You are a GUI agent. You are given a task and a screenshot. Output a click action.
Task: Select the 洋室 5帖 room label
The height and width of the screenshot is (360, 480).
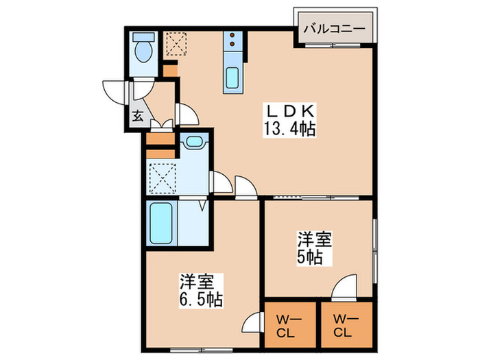315,249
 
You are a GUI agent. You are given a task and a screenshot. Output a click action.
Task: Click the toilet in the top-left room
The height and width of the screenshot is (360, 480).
144,49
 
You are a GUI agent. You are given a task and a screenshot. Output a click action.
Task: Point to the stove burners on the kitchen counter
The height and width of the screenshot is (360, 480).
232,40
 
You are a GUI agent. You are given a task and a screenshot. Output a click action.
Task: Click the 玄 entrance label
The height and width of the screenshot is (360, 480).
137,116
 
